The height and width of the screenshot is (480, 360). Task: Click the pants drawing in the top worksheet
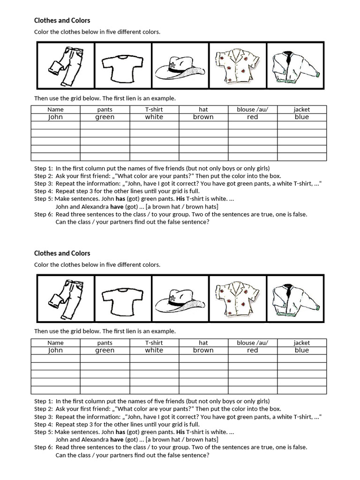pos(66,66)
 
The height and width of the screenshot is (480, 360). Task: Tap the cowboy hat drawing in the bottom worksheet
pos(180,299)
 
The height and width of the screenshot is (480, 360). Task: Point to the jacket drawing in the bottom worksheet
pos(295,299)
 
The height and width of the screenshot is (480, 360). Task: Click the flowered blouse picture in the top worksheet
pos(238,66)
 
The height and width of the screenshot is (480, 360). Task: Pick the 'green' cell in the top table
pos(105,117)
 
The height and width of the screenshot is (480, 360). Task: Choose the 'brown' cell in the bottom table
pos(203,350)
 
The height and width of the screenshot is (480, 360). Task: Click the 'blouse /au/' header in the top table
pos(253,109)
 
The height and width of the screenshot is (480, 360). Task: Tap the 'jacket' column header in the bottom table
pos(302,343)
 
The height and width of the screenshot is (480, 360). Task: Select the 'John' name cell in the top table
pos(55,117)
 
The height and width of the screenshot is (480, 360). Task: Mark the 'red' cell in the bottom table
pos(253,350)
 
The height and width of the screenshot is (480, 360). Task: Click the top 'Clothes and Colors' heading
pos(62,21)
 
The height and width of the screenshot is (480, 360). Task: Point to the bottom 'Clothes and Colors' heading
pos(62,254)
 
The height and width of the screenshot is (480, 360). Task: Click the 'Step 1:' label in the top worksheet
pos(44,168)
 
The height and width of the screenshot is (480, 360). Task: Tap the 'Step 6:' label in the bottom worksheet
pos(44,447)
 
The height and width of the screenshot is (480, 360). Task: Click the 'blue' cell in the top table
pos(302,117)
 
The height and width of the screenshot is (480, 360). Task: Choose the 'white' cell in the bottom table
pos(154,350)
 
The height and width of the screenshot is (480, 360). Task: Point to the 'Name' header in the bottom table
pos(55,343)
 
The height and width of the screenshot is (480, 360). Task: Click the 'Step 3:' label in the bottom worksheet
pos(44,417)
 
